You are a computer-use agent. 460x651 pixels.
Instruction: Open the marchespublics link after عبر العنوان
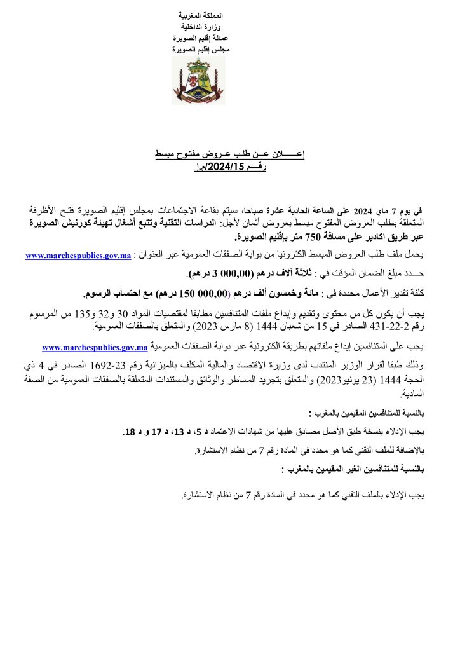(x=78, y=256)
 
